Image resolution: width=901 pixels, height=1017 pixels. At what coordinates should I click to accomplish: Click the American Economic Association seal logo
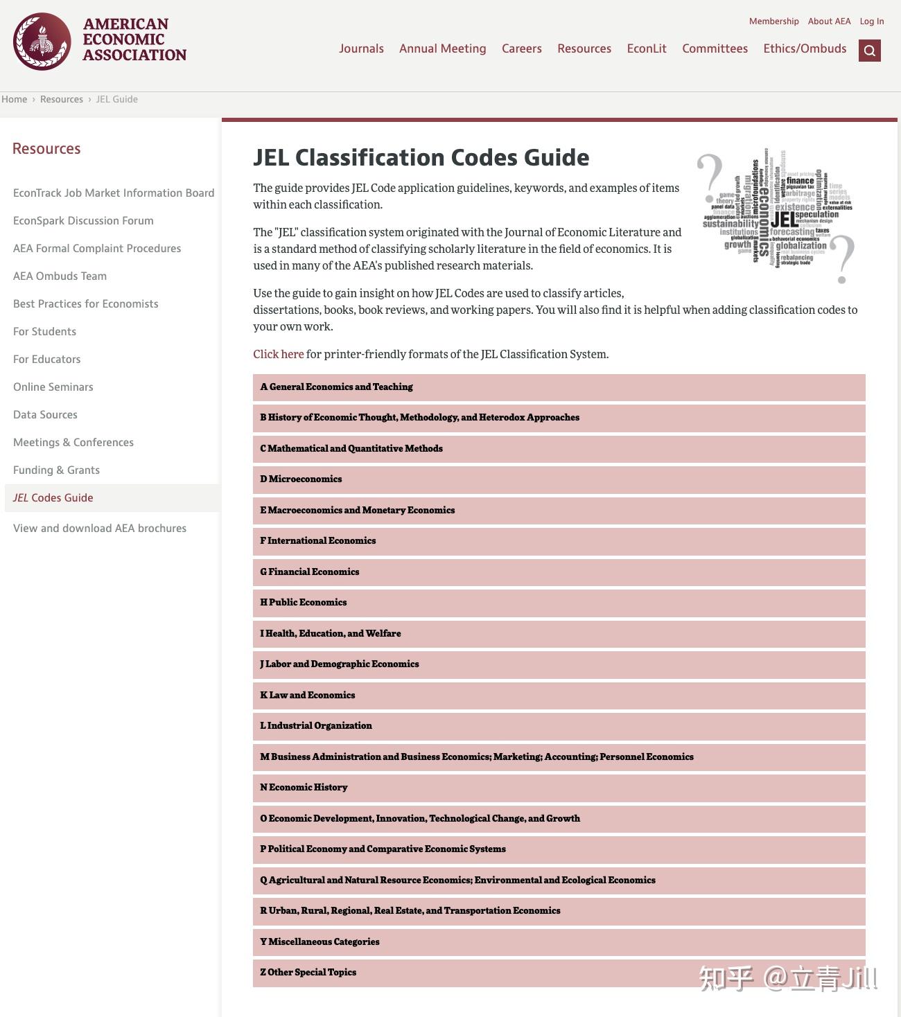tap(42, 42)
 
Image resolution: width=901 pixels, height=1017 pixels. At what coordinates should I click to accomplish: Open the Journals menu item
tap(361, 48)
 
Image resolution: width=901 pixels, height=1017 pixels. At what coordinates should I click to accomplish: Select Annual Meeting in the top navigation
tap(442, 48)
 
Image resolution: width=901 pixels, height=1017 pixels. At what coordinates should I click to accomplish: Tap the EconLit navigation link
tap(646, 48)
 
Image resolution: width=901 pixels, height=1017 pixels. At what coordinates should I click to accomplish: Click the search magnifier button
tap(869, 51)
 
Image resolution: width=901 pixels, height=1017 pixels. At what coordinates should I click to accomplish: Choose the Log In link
tap(871, 21)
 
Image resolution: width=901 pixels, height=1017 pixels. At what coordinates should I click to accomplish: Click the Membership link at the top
tap(773, 21)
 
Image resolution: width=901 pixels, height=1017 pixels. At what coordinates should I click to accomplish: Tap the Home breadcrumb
tap(15, 99)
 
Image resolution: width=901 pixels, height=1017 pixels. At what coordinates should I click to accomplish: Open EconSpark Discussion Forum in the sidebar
tap(83, 220)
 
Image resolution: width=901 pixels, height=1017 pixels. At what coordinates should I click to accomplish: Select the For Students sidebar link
tap(44, 331)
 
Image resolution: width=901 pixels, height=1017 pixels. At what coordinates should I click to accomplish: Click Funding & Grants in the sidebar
tap(56, 470)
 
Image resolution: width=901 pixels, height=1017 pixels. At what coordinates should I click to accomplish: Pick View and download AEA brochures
tap(100, 528)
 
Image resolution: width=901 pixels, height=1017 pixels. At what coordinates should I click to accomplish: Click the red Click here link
tap(278, 354)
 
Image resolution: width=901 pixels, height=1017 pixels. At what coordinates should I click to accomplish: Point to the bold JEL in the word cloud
tap(784, 220)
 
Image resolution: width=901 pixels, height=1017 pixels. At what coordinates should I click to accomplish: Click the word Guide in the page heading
tap(557, 157)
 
